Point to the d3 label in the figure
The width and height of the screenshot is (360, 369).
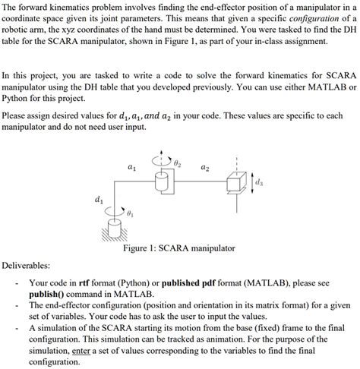coord(261,182)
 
